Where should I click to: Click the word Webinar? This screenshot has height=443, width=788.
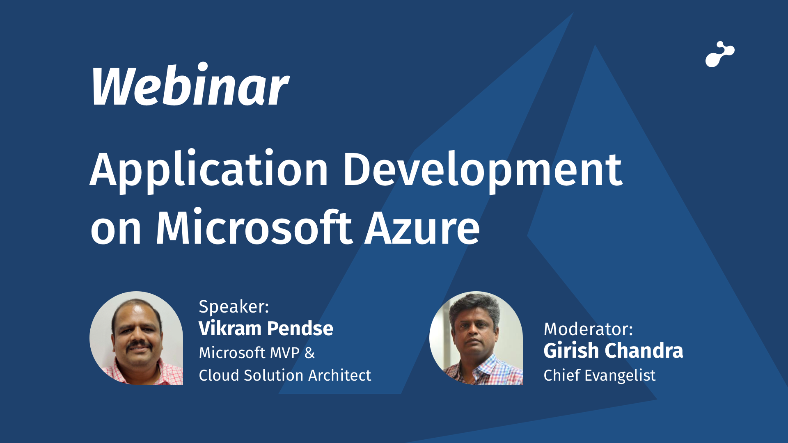point(190,85)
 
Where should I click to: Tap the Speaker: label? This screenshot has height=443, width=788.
point(234,307)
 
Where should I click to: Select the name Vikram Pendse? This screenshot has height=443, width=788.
point(266,329)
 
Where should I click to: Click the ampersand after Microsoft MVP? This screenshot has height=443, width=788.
point(309,353)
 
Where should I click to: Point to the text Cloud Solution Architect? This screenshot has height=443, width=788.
point(285,375)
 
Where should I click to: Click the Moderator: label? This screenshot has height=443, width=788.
point(589,329)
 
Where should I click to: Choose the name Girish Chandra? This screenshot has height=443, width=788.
point(613,351)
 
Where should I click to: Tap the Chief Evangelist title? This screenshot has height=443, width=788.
point(600,375)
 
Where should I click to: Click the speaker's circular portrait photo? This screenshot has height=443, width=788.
point(136,338)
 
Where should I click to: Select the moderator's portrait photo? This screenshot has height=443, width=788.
point(476,338)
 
